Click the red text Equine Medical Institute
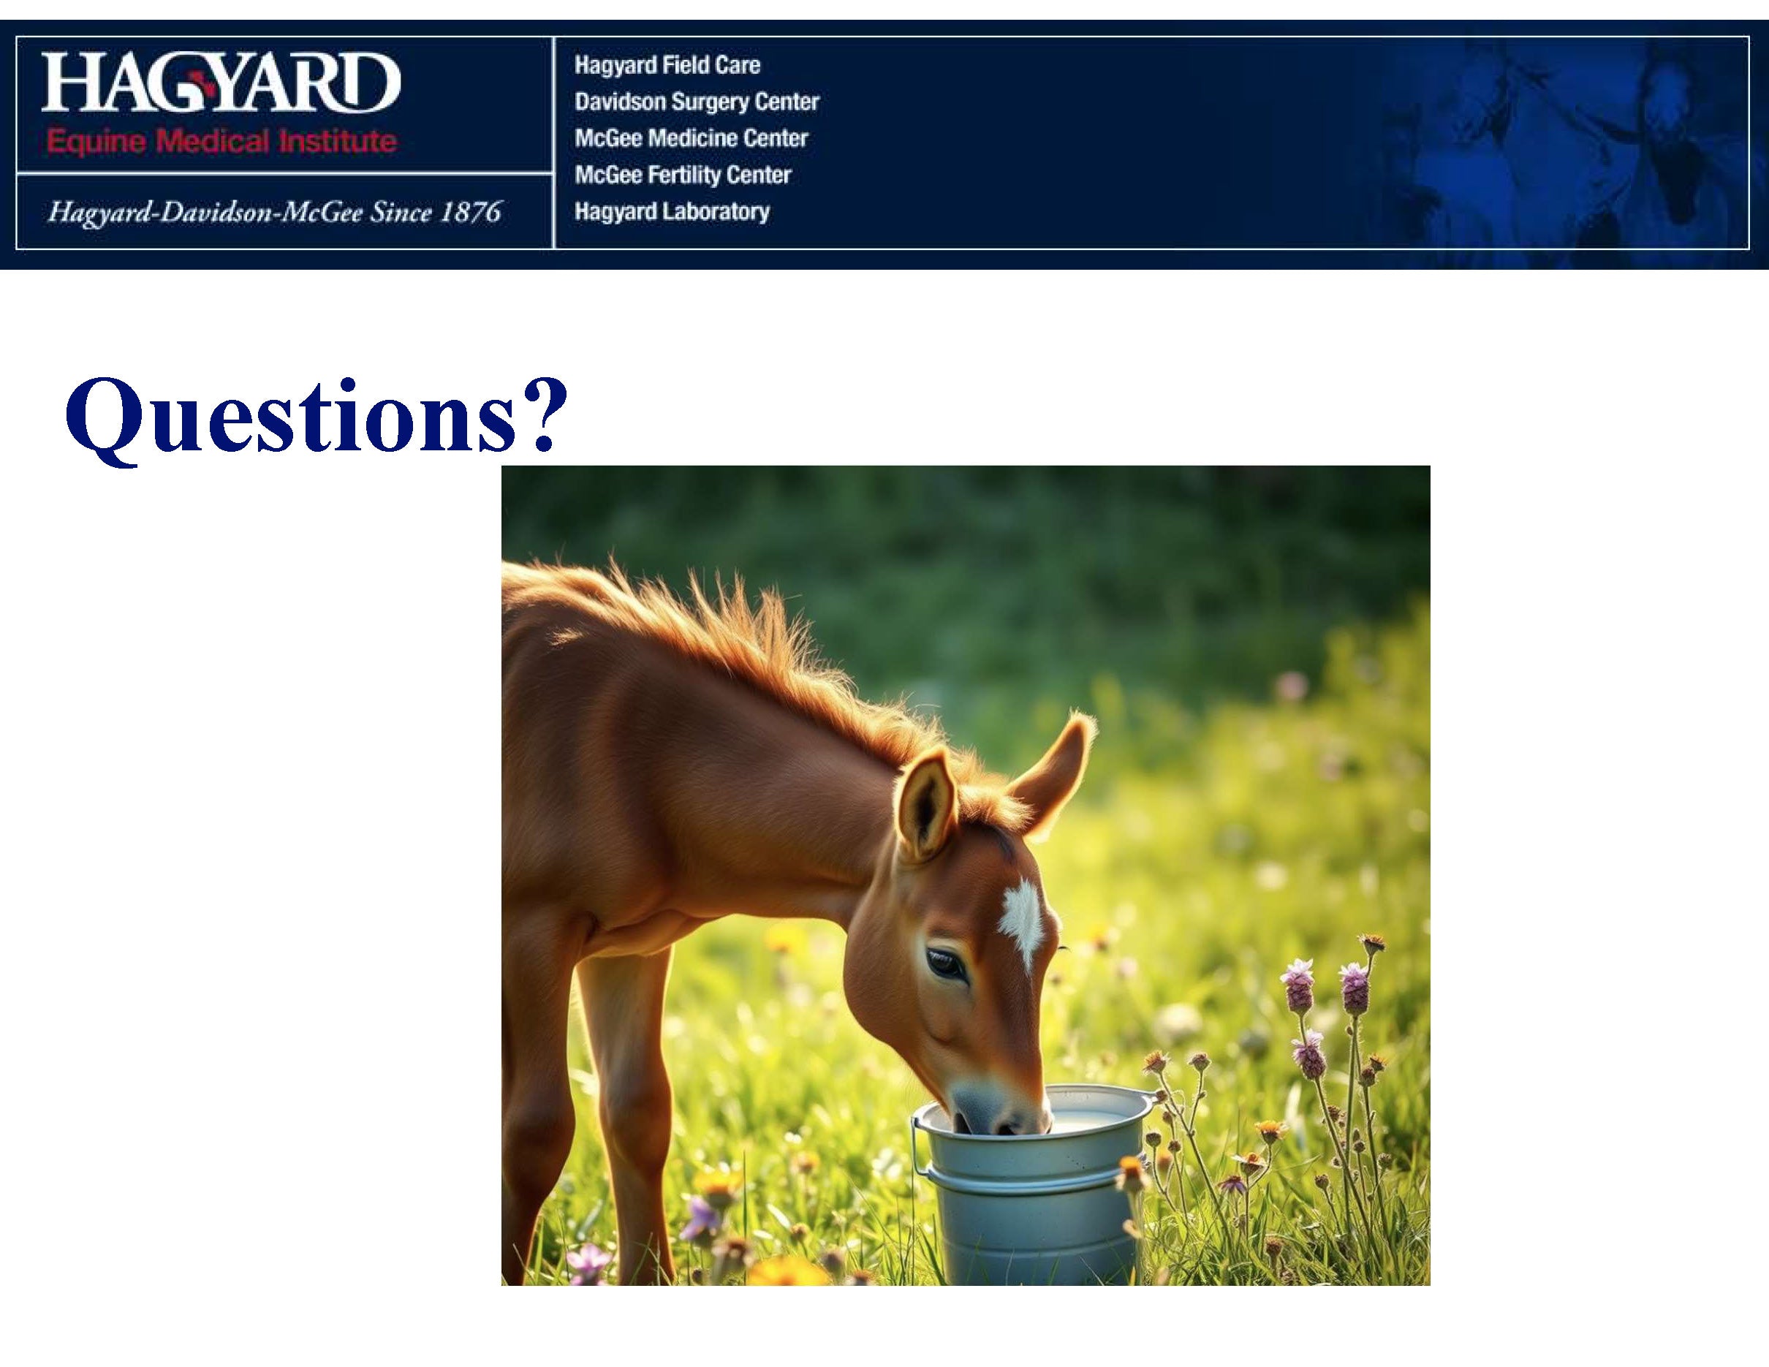pyautogui.click(x=221, y=143)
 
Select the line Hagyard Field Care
pyautogui.click(x=667, y=65)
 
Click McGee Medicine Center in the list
pyautogui.click(x=691, y=137)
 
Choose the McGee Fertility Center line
pyautogui.click(x=683, y=174)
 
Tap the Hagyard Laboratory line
pyautogui.click(x=672, y=211)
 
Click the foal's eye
pyautogui.click(x=945, y=963)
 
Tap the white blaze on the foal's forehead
pyautogui.click(x=1022, y=922)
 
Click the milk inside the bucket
pyautogui.click(x=1086, y=1121)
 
